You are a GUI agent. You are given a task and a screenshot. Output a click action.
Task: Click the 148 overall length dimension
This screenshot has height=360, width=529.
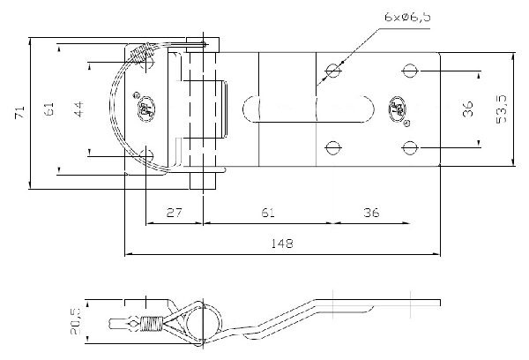(282, 244)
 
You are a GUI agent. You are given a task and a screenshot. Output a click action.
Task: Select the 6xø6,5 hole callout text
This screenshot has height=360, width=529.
(407, 17)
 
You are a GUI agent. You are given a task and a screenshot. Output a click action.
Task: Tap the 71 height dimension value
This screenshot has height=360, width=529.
(20, 112)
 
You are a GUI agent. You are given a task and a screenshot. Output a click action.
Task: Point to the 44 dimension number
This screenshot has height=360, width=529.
(78, 109)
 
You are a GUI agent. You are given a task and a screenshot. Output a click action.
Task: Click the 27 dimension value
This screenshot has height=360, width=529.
(174, 213)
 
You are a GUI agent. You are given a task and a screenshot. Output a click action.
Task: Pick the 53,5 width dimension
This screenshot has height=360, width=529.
(502, 109)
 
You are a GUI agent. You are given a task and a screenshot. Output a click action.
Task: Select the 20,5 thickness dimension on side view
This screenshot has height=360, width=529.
(75, 321)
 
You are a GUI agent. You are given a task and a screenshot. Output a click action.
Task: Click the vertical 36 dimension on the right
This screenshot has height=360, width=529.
(468, 109)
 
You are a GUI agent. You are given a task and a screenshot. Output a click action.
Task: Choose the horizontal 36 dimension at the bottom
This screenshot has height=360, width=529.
(371, 213)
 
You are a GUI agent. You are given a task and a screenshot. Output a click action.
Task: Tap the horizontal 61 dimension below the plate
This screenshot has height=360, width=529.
(268, 213)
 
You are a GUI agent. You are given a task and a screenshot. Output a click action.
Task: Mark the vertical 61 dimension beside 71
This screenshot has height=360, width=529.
(49, 109)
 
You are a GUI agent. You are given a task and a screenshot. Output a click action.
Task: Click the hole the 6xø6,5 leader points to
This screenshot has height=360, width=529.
(333, 71)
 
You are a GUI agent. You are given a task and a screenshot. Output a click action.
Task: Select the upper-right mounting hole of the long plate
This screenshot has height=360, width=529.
(410, 71)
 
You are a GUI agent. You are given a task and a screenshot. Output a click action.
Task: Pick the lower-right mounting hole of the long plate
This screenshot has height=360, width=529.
(410, 147)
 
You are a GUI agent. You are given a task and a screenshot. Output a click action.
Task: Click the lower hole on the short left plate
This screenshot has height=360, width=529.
(146, 155)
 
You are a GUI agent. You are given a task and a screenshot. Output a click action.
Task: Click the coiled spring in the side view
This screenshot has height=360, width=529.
(152, 323)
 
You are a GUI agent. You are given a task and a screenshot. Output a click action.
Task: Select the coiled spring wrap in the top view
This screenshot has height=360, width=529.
(141, 52)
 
